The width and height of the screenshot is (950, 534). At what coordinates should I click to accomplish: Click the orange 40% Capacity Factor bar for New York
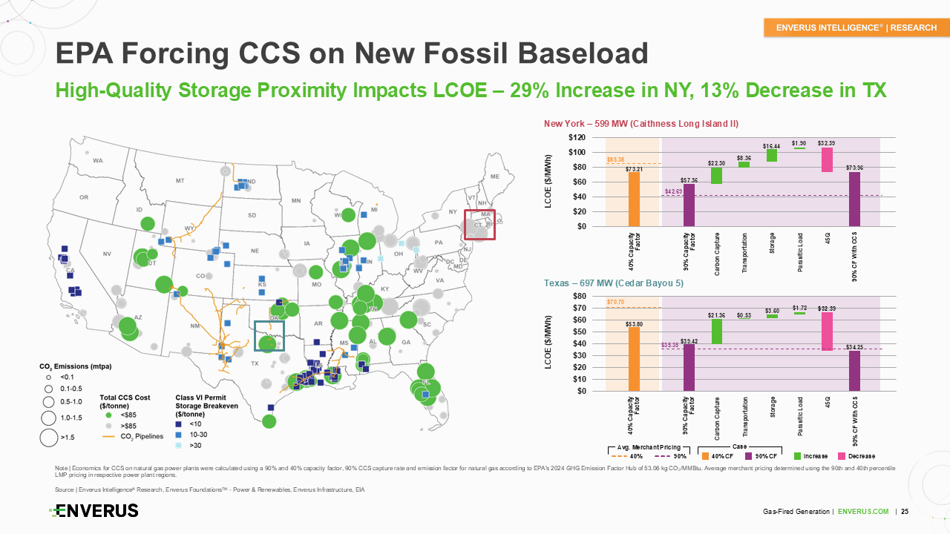[634, 199]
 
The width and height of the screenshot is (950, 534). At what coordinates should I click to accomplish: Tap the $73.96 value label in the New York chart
[854, 167]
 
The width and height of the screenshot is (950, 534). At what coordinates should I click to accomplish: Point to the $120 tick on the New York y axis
[576, 138]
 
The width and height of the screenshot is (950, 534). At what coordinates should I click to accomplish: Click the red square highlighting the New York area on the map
[479, 225]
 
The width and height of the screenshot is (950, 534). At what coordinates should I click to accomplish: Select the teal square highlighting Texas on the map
[269, 335]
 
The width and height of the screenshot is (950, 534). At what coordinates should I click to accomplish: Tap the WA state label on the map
[98, 160]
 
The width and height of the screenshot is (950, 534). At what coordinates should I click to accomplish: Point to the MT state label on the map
[180, 180]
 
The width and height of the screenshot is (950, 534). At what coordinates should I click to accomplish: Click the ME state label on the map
[495, 177]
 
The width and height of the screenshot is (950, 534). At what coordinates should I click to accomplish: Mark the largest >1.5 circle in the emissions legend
[49, 438]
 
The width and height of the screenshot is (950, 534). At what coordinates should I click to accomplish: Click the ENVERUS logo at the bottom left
[94, 510]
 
